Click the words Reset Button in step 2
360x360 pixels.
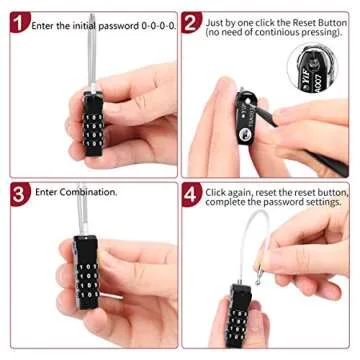[x=311, y=19]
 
